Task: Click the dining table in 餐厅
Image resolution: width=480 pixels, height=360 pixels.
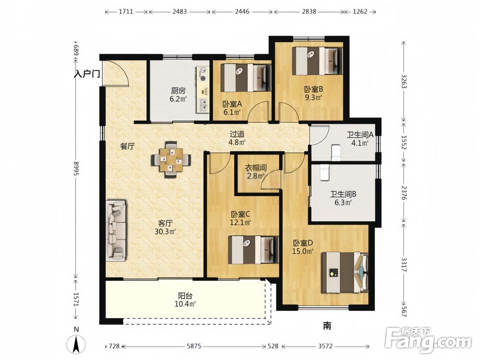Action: click(171, 160)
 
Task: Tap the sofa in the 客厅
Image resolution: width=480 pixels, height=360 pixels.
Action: click(116, 231)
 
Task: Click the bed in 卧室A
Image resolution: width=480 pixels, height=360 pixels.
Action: click(246, 78)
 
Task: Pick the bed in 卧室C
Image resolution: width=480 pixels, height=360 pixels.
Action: click(253, 249)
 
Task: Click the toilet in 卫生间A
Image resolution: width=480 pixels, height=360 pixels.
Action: click(336, 152)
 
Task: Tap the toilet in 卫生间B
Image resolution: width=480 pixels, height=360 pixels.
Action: click(324, 172)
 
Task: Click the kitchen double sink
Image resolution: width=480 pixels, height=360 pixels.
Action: click(203, 105)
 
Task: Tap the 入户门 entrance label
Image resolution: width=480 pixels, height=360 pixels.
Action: click(87, 74)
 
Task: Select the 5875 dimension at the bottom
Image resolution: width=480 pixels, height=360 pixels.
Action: click(194, 346)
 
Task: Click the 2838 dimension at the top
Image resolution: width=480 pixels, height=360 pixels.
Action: click(309, 12)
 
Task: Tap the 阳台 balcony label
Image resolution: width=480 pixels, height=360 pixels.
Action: click(185, 296)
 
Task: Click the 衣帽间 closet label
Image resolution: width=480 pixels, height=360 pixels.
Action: click(256, 168)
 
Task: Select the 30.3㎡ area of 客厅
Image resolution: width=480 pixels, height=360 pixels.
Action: click(165, 231)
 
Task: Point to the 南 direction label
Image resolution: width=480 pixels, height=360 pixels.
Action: click(327, 326)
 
